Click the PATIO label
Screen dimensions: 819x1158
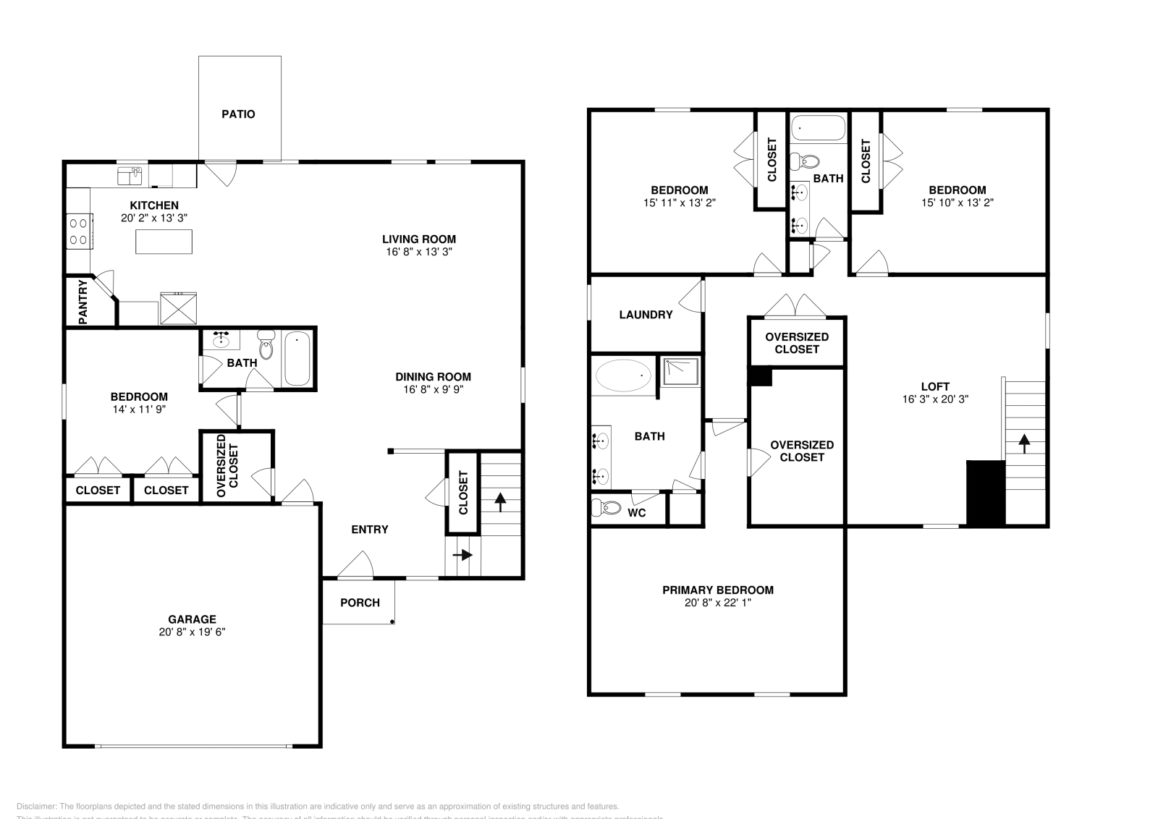[238, 114]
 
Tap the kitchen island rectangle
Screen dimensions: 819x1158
[164, 241]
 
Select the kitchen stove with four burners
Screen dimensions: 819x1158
[77, 231]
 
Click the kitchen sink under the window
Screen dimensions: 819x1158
[130, 175]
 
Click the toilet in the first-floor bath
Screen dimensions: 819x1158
[266, 347]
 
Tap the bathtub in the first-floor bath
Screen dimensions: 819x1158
[297, 359]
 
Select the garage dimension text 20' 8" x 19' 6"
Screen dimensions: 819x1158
[192, 632]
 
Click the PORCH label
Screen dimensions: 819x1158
[360, 603]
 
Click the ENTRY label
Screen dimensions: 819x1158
[370, 530]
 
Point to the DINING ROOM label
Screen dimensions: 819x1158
[433, 377]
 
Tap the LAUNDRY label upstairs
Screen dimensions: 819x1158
[646, 315]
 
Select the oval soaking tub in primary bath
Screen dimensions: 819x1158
[623, 375]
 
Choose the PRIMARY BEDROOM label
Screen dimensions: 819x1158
[718, 590]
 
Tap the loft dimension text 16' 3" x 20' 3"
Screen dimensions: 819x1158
[935, 399]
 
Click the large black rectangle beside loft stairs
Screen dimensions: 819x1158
[986, 493]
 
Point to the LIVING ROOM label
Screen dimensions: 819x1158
[419, 239]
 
